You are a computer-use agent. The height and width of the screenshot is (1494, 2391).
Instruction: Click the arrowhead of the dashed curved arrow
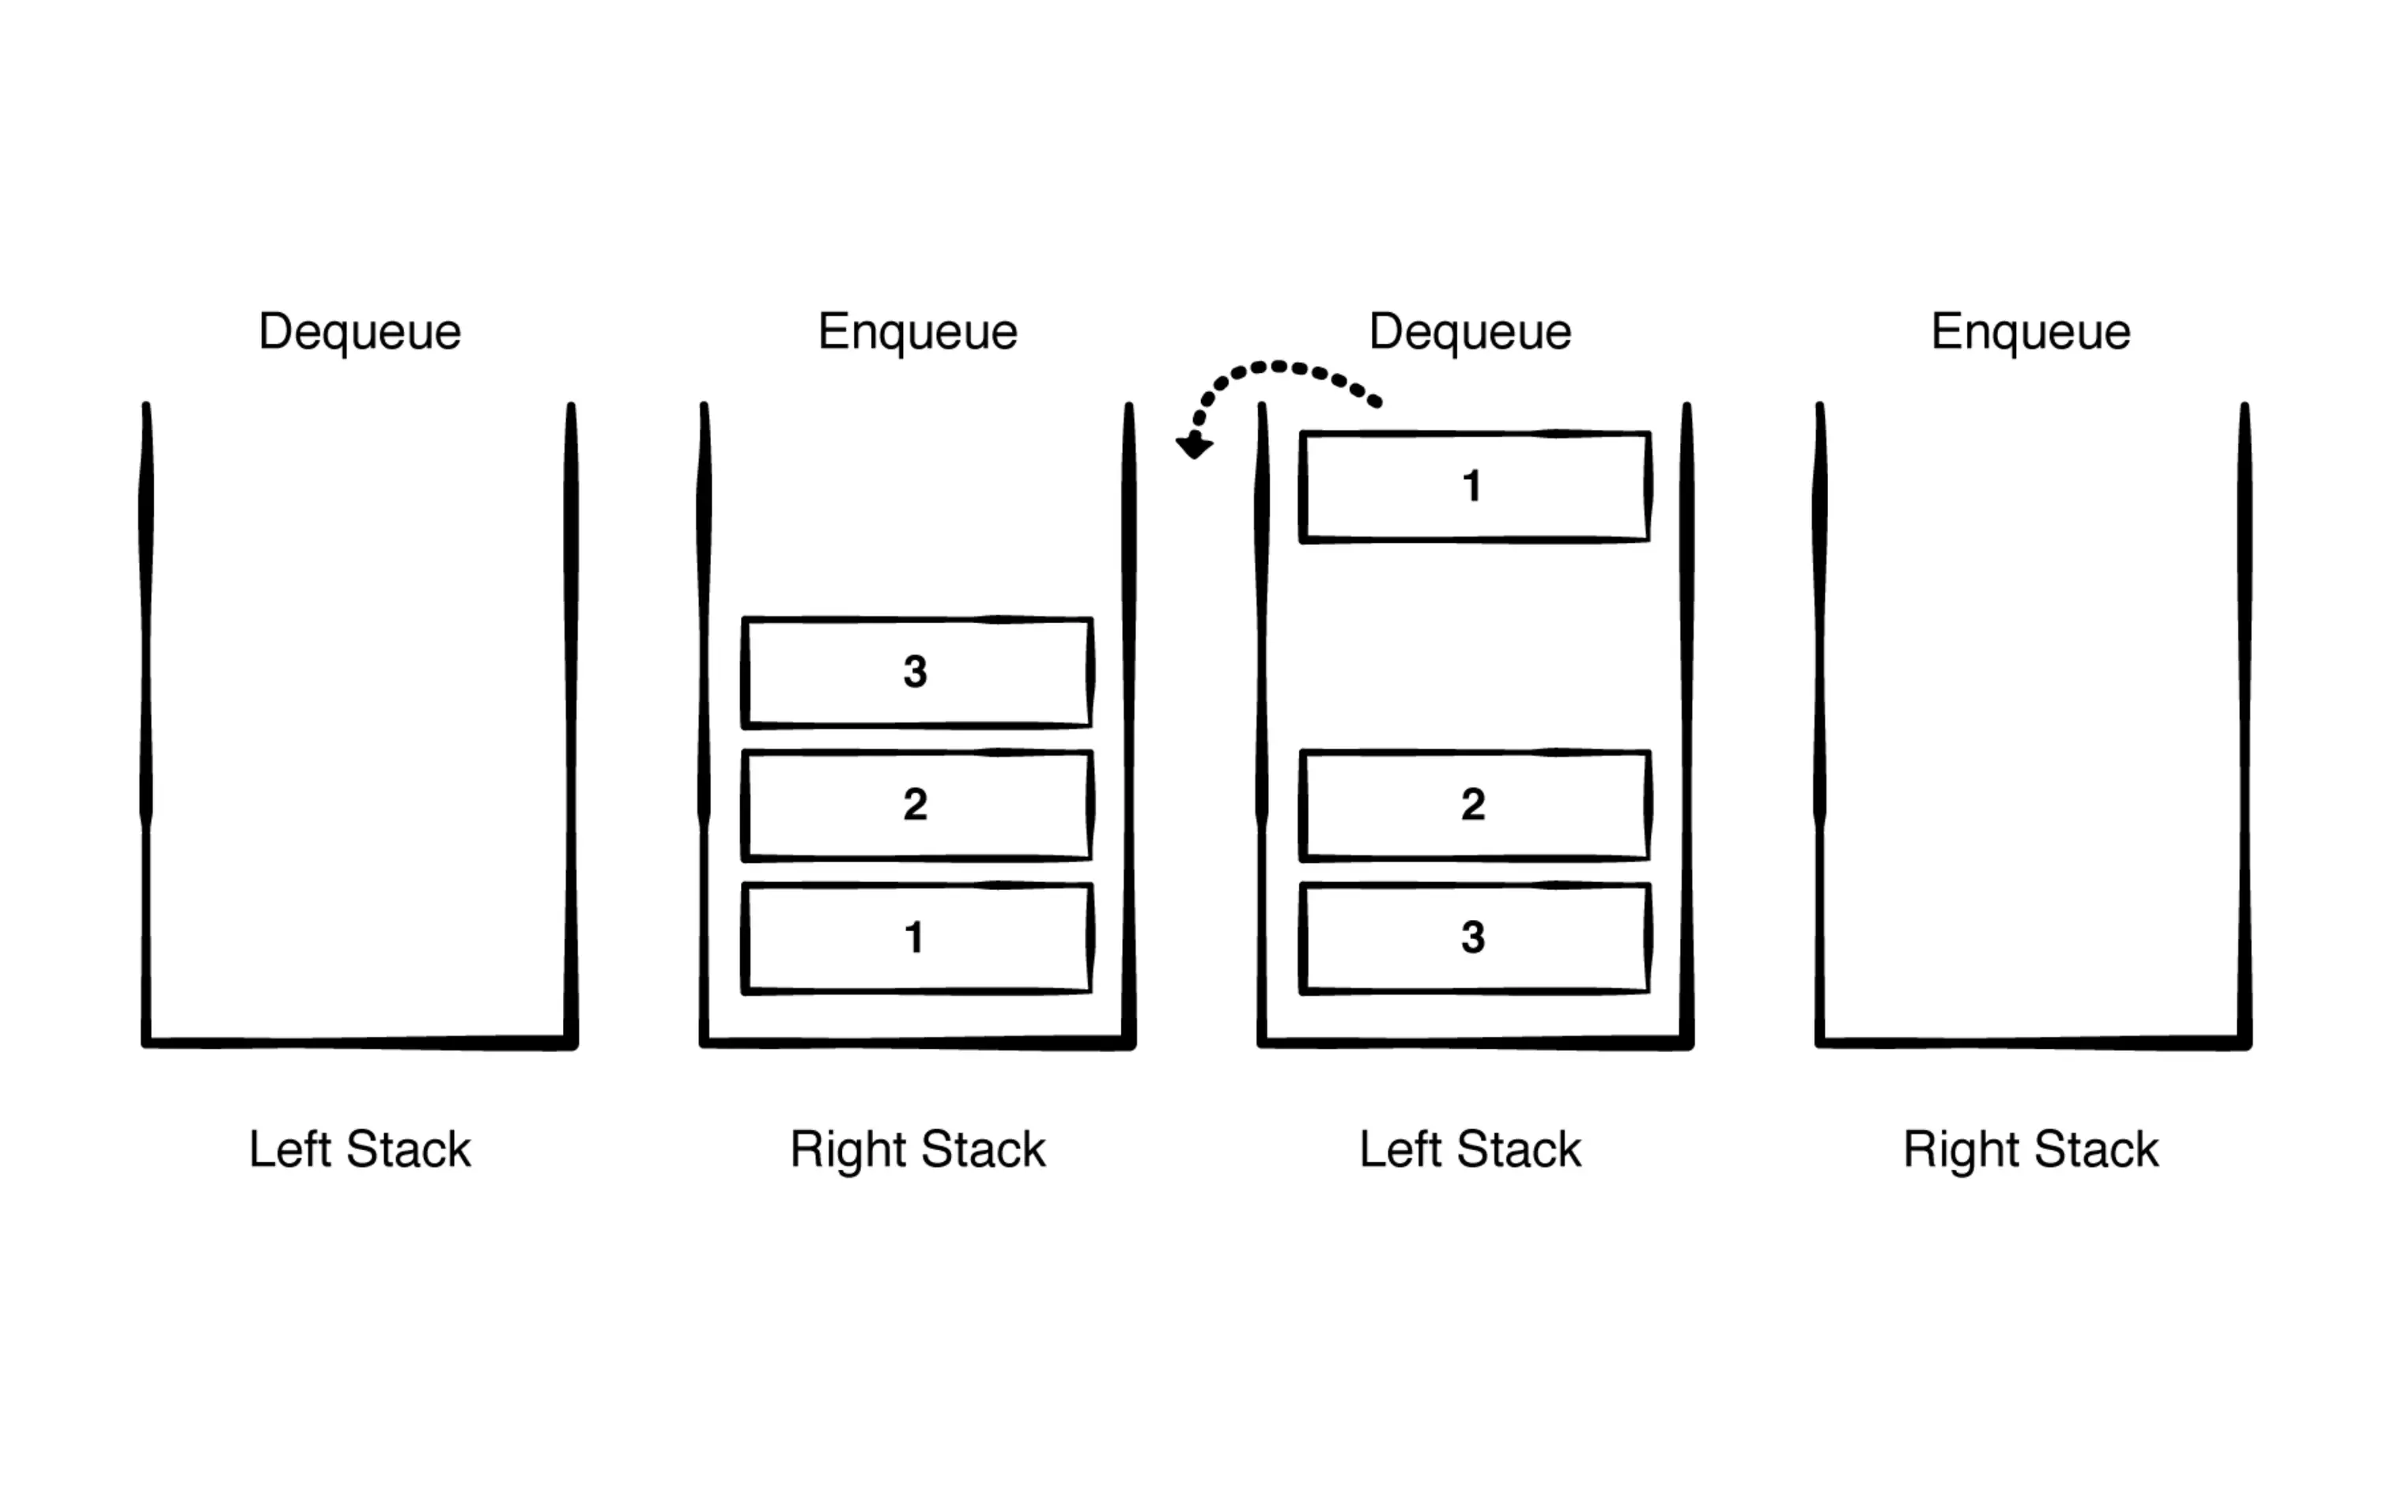(1194, 447)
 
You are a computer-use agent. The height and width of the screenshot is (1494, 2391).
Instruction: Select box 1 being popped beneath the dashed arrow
(1474, 486)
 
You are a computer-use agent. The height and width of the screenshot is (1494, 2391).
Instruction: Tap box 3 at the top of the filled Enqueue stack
(916, 672)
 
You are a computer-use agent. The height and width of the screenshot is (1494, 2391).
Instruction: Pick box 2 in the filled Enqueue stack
(916, 805)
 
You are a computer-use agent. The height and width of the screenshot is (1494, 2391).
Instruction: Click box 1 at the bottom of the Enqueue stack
(916, 938)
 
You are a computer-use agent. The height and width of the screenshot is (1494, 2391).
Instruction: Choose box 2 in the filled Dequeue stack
(1474, 805)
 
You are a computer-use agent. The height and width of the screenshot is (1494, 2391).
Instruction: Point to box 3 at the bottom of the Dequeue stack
(1474, 938)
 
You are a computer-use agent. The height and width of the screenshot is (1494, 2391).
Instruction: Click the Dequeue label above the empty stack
(360, 332)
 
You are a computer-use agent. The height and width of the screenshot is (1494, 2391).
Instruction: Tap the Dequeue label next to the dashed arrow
(1470, 332)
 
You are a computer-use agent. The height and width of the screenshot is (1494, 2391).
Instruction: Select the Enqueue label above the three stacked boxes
(917, 332)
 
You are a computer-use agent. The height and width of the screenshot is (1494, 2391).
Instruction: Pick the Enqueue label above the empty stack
(2030, 332)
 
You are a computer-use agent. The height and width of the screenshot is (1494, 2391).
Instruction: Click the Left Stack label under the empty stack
(360, 1149)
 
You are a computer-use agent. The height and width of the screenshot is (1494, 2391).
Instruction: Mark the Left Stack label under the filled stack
(1470, 1149)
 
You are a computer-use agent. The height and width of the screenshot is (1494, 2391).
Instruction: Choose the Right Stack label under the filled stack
(917, 1149)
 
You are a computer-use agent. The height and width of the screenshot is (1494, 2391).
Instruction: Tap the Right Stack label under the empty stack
(2030, 1149)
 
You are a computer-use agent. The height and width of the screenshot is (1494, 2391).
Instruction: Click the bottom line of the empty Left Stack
(360, 1042)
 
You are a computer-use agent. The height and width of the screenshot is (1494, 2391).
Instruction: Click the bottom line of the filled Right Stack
(917, 1042)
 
